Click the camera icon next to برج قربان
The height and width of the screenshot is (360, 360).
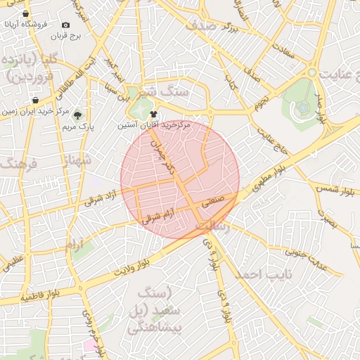pos(66,25)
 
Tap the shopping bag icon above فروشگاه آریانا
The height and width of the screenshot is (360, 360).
pos(26,13)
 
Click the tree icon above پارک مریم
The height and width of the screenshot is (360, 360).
pos(77,115)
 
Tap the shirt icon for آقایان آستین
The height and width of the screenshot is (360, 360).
pos(154,113)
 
